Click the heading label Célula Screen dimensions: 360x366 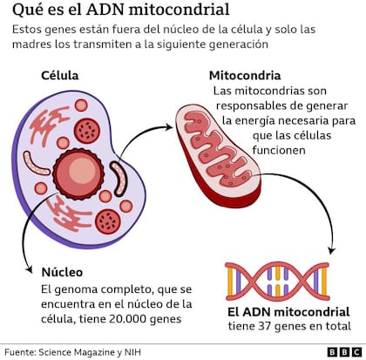coord(60,76)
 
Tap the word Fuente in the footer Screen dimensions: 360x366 coord(22,351)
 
